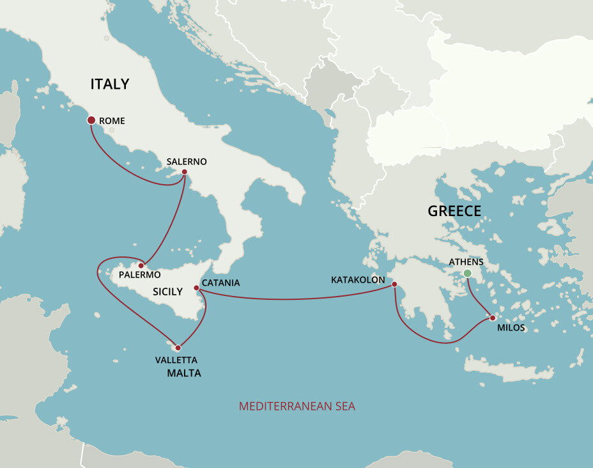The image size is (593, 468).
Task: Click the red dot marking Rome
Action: [x=91, y=120]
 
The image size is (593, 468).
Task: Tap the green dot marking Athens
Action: [x=467, y=274]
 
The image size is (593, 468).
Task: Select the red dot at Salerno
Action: [x=184, y=172]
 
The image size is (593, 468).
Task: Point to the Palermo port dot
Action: [x=141, y=265]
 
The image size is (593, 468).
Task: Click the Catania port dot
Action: [x=197, y=288]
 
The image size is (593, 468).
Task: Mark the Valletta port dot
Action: [x=178, y=348]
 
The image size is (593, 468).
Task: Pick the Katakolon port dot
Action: [x=394, y=285]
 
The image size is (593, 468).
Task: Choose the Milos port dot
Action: [x=492, y=317]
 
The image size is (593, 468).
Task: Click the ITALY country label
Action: [x=110, y=84]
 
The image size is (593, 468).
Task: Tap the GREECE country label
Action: [x=454, y=212]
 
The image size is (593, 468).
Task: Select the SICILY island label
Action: [x=167, y=292]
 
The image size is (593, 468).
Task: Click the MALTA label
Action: [x=184, y=373]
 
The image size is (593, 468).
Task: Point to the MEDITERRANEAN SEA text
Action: [x=296, y=406]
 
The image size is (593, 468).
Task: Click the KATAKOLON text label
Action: [x=358, y=280]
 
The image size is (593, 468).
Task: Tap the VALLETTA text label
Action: [x=176, y=360]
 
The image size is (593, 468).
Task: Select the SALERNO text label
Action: [x=187, y=162]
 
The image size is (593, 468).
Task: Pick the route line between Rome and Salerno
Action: [x=128, y=168]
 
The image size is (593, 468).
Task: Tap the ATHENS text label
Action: [x=466, y=262]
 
